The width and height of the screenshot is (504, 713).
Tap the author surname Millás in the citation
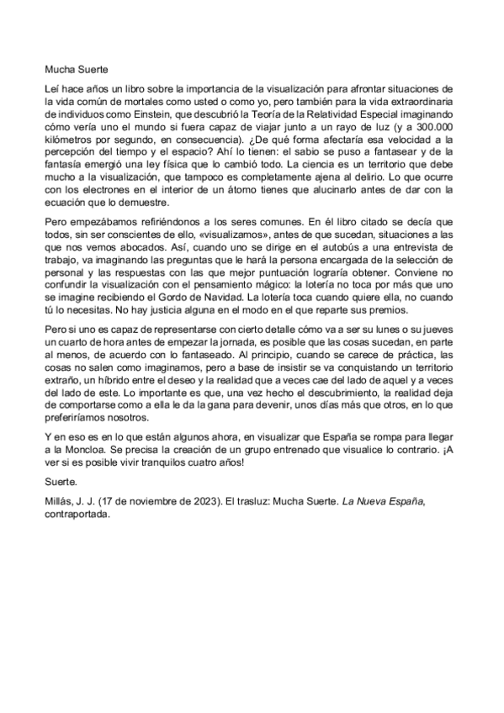(59, 501)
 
